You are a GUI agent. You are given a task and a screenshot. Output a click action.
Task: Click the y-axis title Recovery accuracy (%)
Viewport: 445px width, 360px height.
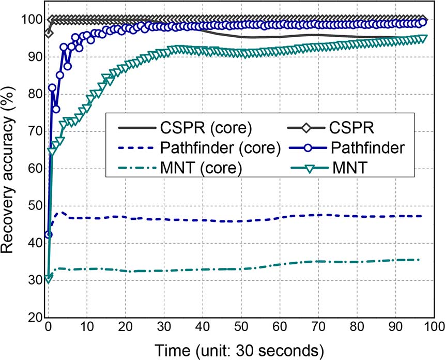point(11,167)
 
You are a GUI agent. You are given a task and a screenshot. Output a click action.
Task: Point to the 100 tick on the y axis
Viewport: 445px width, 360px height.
point(32,20)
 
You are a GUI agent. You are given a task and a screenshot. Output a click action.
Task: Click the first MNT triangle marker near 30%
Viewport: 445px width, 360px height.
point(49,279)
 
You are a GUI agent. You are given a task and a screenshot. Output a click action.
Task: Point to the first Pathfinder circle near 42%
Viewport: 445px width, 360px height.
point(49,235)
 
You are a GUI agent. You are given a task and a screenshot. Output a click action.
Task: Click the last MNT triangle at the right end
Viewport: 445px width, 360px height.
point(422,39)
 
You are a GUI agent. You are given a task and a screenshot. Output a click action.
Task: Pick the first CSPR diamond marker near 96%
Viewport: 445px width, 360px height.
point(49,33)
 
